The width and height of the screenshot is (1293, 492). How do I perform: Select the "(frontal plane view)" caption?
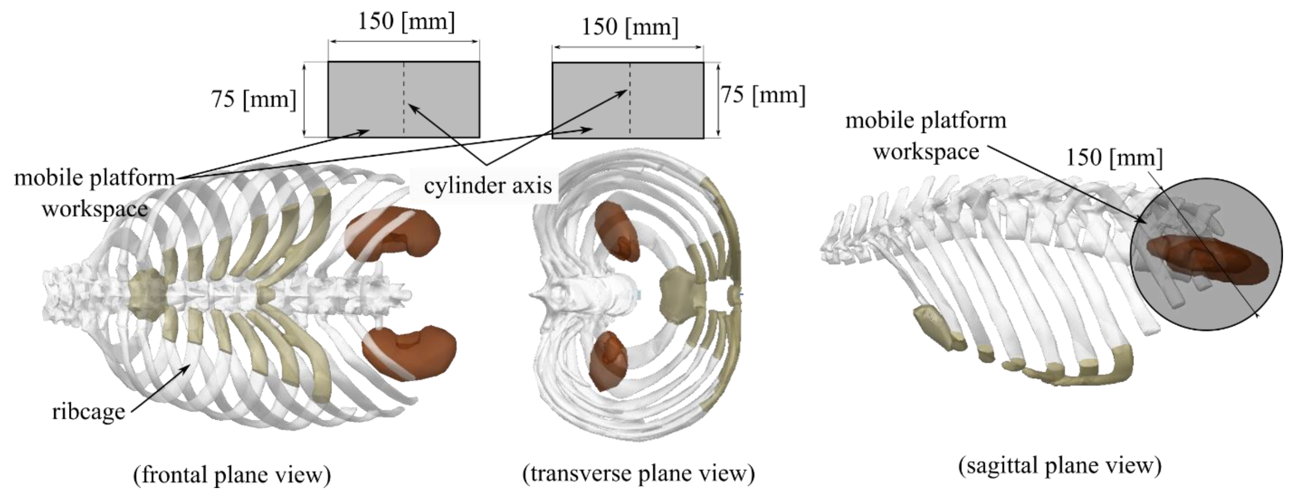(x=232, y=474)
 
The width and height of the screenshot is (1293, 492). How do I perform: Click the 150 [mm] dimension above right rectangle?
(x=630, y=27)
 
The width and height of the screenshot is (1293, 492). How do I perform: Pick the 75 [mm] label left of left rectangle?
(x=253, y=99)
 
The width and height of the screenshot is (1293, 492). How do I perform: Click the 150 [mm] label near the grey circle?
(x=1114, y=158)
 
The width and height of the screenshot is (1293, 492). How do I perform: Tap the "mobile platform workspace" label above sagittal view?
(x=926, y=136)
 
